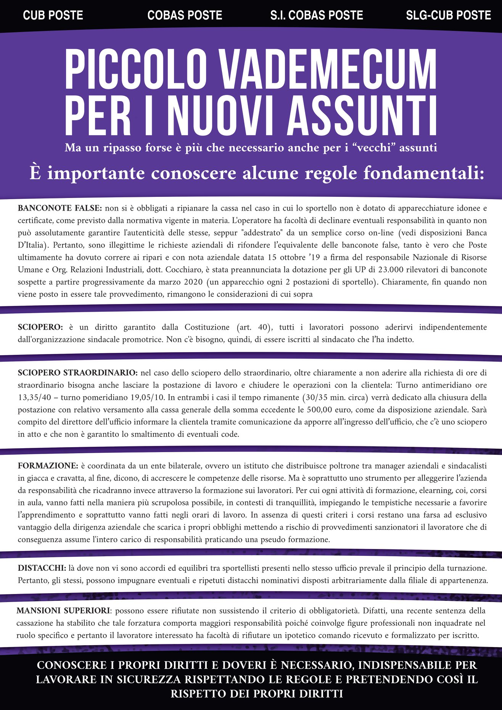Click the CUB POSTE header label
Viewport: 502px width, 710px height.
[53, 15]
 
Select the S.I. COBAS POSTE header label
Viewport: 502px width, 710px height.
[317, 15]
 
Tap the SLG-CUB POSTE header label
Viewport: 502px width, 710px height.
[448, 15]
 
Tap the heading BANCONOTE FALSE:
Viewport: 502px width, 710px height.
[60, 208]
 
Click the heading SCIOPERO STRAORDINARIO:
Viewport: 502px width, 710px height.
[78, 373]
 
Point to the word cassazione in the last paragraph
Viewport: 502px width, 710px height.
[35, 623]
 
